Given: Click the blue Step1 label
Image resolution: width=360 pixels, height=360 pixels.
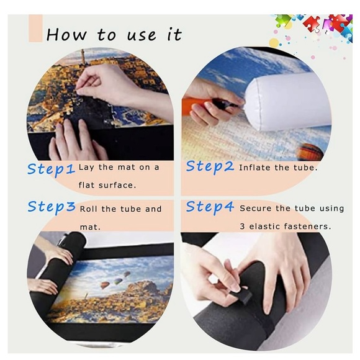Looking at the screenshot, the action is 51,170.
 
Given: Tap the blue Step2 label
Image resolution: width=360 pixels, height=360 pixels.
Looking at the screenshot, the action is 210,167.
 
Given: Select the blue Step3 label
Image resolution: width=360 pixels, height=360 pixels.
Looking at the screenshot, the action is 52,207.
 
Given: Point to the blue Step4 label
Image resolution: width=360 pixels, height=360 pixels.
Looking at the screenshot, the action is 210,207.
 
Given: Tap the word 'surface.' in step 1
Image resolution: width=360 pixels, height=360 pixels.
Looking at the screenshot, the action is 117,185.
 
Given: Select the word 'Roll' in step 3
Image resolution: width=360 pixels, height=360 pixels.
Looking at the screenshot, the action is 88,209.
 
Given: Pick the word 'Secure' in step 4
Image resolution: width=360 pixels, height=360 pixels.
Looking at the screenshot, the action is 254,208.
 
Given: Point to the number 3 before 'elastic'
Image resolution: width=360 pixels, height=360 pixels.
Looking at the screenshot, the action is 243,227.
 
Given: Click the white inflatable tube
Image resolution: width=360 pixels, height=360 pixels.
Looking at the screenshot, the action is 287,101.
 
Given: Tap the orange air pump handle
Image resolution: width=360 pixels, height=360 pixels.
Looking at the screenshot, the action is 195,106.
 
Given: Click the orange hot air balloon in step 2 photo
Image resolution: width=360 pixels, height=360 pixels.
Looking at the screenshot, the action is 310,151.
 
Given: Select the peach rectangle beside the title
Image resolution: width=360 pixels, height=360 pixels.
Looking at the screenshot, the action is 35,28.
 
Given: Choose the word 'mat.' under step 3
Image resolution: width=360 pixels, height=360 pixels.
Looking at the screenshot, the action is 90,227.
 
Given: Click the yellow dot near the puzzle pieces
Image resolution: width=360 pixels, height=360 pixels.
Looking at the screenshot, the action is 274,43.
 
